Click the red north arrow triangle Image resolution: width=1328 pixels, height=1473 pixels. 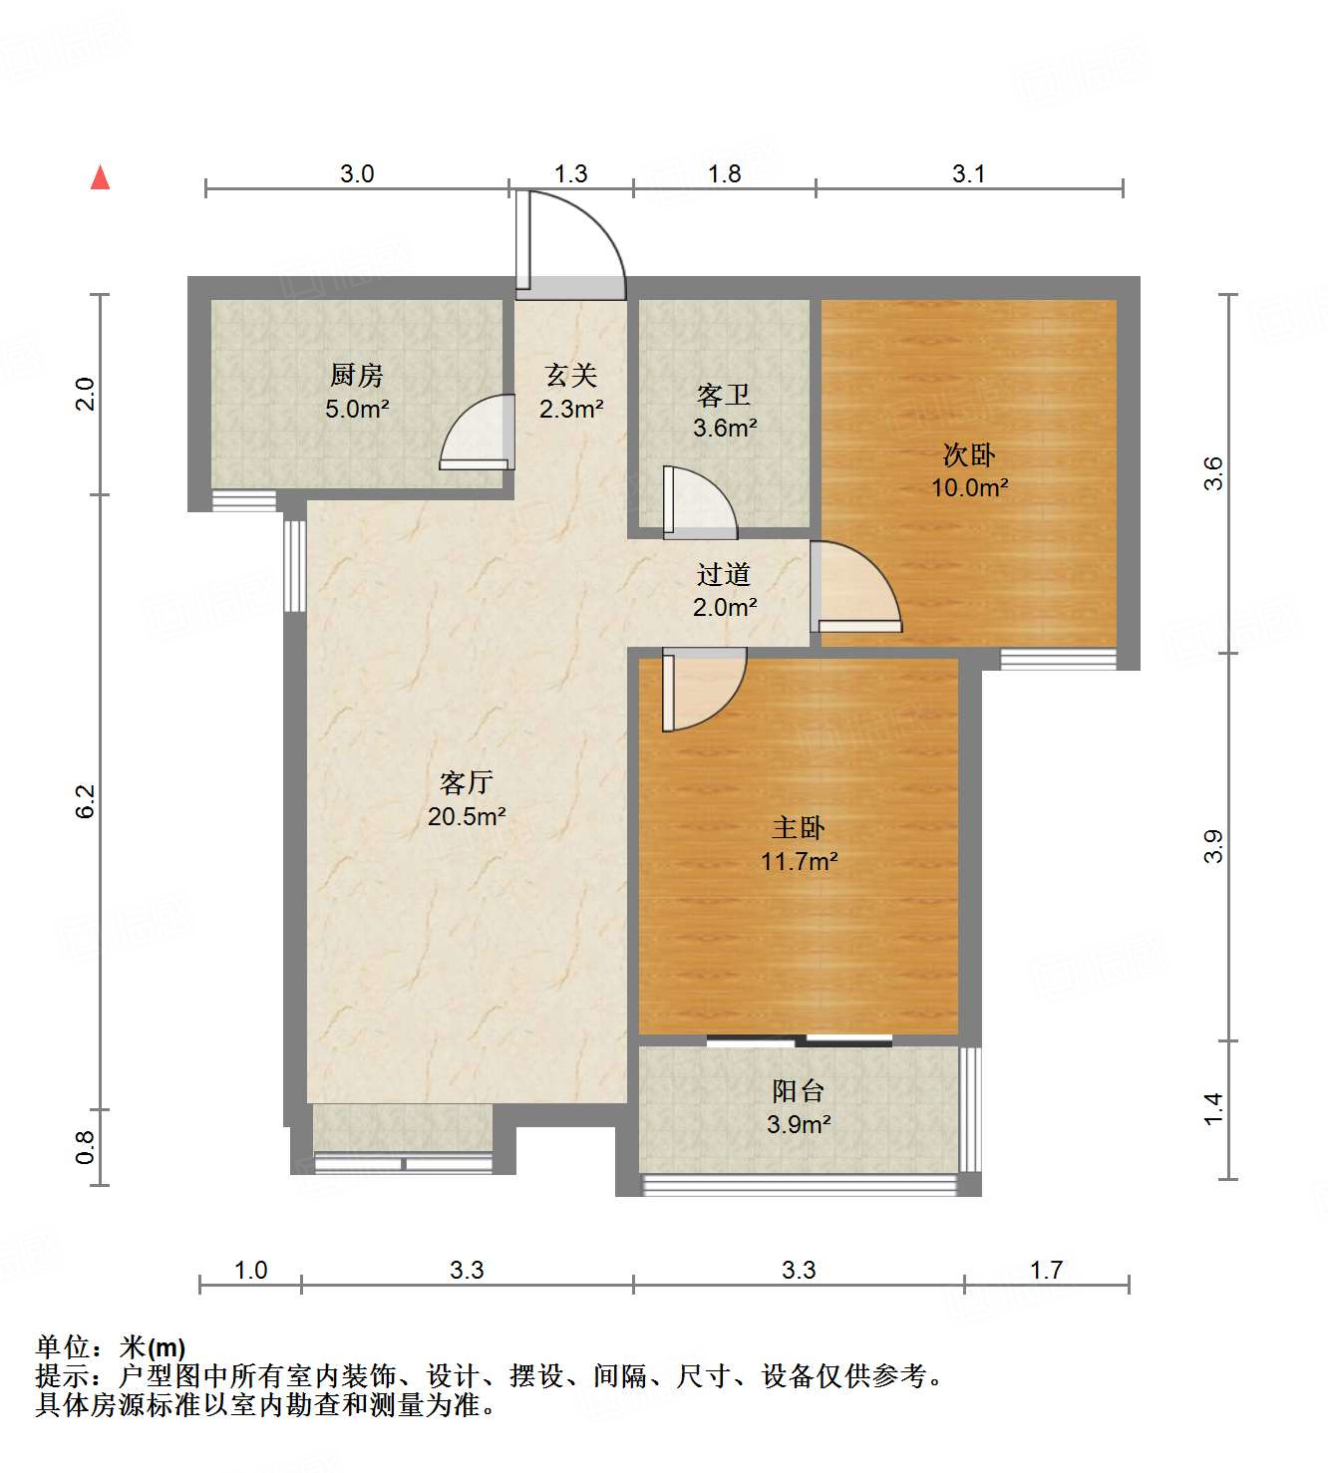point(100,177)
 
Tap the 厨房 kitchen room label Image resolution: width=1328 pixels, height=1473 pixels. point(356,375)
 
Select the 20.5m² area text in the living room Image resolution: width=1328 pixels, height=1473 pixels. point(467,816)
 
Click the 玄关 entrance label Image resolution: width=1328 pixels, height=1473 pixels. point(570,375)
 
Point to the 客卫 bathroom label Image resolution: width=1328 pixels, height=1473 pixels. point(724,396)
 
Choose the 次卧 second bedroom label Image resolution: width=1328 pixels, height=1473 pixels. point(968,455)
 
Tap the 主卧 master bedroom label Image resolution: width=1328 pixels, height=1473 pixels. point(798,827)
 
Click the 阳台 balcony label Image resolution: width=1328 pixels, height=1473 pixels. point(798,1090)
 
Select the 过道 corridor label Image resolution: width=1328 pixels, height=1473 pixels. point(724,574)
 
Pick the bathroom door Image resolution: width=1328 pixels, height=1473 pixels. point(697,501)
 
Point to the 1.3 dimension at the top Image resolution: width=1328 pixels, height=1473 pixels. point(570,173)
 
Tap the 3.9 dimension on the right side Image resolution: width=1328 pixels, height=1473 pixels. point(1212,846)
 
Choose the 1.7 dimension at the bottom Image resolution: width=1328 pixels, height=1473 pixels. point(1046,1270)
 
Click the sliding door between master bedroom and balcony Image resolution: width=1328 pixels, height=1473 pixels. point(799,1041)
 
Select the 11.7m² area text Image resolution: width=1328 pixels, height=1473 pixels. point(799,861)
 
